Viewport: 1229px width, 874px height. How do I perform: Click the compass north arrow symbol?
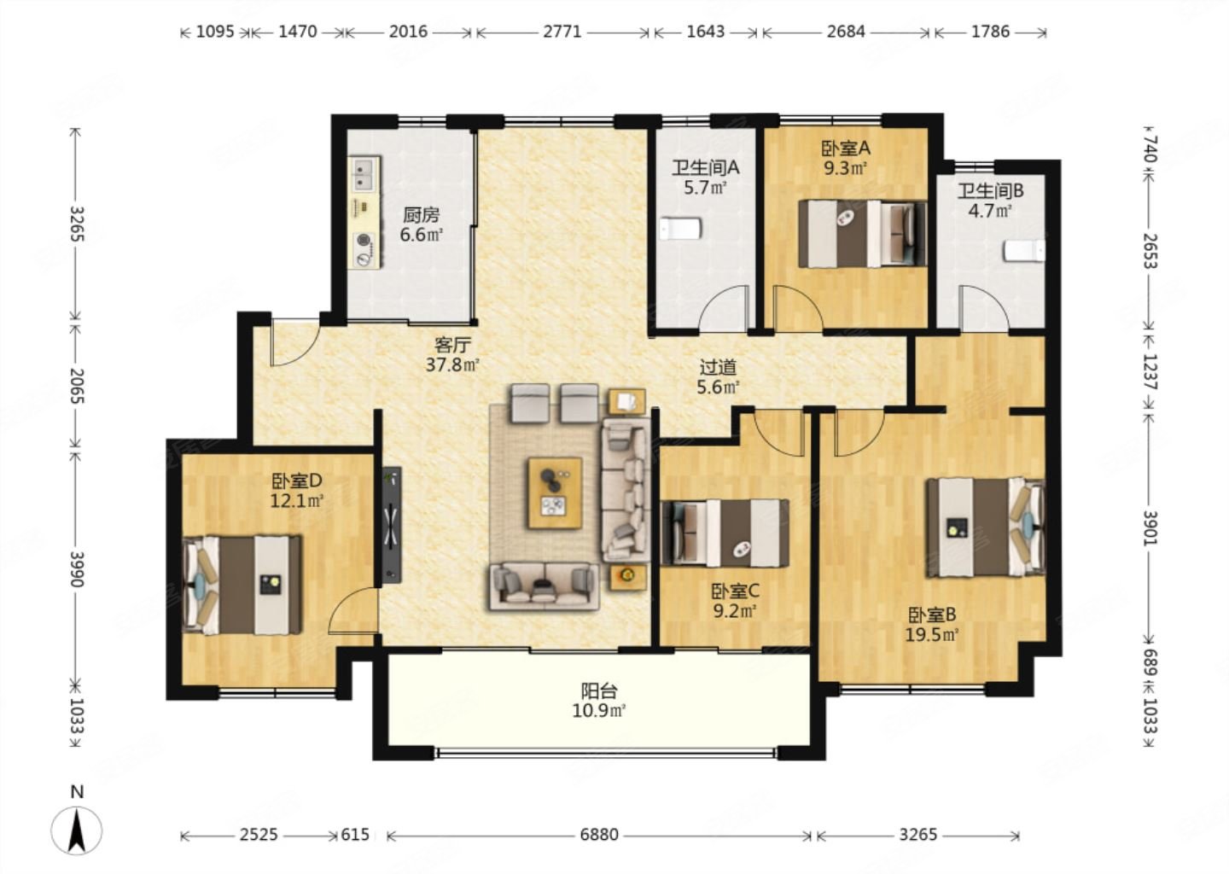coord(77,830)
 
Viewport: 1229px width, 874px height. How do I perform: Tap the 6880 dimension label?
coord(599,835)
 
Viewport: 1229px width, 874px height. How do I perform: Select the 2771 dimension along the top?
coord(562,32)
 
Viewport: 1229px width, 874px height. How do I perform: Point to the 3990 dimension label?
coord(78,569)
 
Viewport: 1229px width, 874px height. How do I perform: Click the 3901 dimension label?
coord(1150,527)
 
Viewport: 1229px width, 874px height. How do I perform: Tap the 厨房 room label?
coord(422,214)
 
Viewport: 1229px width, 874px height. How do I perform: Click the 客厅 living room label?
coord(452,345)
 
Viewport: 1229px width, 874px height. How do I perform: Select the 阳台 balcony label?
coord(599,690)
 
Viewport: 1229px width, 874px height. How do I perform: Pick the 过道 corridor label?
coord(719,367)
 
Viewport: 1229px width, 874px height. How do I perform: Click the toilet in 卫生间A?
coord(680,230)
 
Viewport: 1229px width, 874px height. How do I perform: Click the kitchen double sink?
coord(364,174)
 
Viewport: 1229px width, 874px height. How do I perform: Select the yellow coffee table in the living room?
coord(556,492)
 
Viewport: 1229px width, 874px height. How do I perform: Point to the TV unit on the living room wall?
coord(392,525)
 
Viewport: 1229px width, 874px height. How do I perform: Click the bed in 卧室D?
coord(242,585)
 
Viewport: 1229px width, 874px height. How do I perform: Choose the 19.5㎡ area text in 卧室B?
coord(932,635)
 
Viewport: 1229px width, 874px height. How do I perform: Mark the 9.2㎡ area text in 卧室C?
coord(735,611)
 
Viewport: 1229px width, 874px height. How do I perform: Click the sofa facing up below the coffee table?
coord(543,586)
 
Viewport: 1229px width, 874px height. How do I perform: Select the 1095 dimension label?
coord(215,32)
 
